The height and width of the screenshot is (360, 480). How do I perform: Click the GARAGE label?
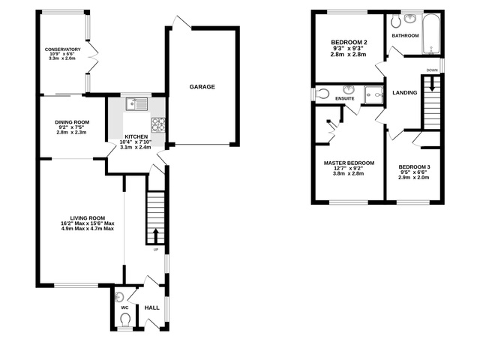pos(202,87)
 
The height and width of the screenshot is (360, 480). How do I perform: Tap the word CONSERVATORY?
pos(62,49)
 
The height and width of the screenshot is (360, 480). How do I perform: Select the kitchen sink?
pos(135,104)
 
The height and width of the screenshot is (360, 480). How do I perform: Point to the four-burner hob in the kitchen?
pos(158,124)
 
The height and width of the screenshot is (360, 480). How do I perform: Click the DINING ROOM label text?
pos(72,122)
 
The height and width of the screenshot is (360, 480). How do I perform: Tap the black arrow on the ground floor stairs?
pos(156,233)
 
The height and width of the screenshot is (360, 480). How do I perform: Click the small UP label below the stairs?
pos(155,250)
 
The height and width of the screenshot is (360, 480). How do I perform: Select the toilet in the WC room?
pos(124,319)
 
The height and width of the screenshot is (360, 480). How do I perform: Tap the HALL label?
pos(151,307)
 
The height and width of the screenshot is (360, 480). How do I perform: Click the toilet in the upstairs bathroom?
pos(396,21)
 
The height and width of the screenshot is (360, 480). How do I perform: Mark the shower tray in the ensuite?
pos(372,94)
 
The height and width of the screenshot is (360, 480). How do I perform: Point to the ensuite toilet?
pos(322,94)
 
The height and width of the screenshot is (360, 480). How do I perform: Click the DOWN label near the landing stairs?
pos(431,70)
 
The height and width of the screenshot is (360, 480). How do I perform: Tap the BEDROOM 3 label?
pos(414,166)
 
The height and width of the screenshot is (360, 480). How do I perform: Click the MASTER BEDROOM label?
pos(349,163)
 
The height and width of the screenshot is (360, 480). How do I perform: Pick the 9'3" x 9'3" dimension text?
pos(349,49)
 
